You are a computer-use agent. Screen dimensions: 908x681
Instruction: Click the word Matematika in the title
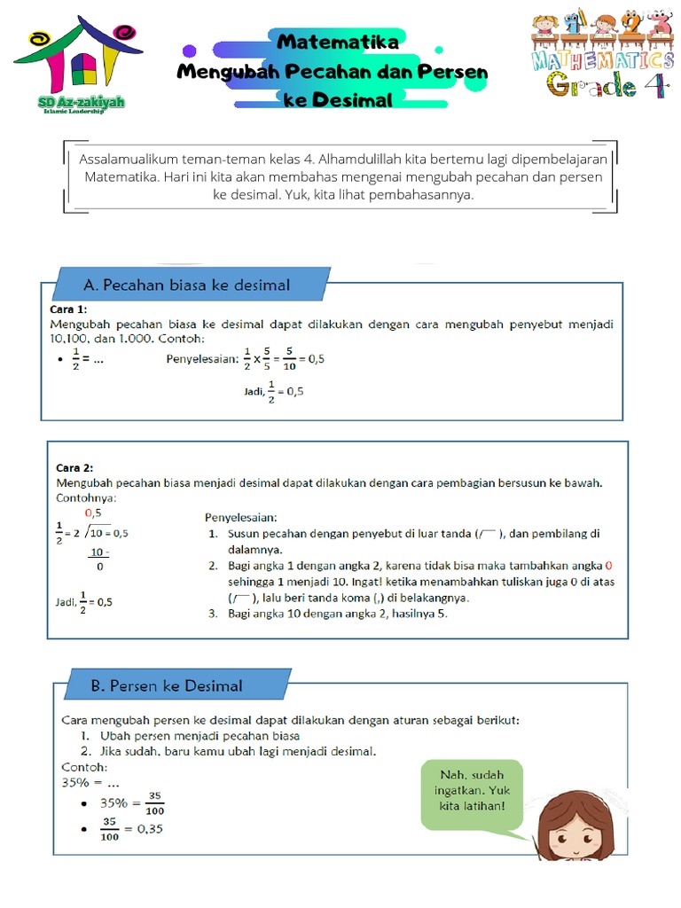pyautogui.click(x=338, y=42)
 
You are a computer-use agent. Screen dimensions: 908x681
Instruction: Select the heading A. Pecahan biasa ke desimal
pyautogui.click(x=186, y=285)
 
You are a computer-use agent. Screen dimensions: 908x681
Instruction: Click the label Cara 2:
pyautogui.click(x=74, y=467)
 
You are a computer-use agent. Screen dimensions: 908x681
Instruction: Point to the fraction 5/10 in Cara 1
pyautogui.click(x=289, y=360)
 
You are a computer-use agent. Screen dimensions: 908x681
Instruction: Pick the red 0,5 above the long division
pyautogui.click(x=93, y=513)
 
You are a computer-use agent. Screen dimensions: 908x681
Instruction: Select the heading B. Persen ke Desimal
pyautogui.click(x=167, y=685)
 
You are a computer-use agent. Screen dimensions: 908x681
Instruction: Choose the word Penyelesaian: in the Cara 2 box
pyautogui.click(x=241, y=517)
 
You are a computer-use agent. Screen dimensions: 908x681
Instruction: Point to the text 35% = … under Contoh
pyautogui.click(x=89, y=783)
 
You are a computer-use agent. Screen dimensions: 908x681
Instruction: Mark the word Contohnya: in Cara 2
pyautogui.click(x=86, y=497)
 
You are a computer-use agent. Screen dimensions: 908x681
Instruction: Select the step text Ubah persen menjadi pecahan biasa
pyautogui.click(x=200, y=736)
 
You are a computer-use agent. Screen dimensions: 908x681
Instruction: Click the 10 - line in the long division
pyautogui.click(x=98, y=552)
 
